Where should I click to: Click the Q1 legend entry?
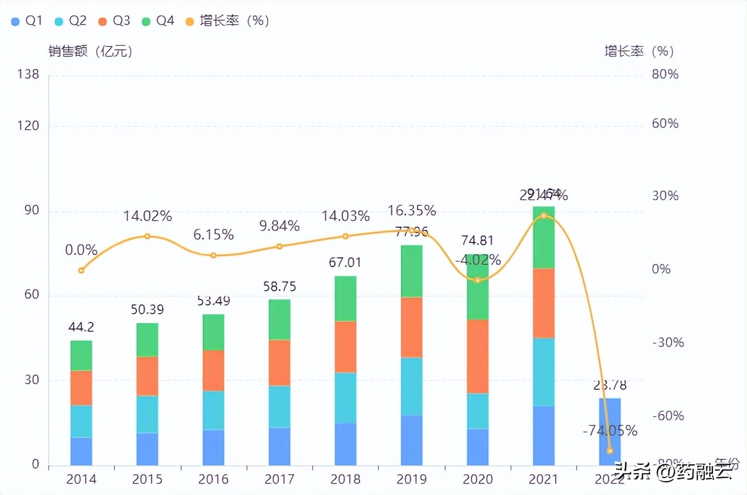coord(27,21)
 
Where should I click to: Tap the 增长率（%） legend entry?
coord(228,21)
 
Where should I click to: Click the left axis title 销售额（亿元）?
coord(90,51)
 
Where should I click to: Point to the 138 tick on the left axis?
coord(28,74)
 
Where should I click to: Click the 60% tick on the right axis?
coord(665,124)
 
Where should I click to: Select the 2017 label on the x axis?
coord(279,480)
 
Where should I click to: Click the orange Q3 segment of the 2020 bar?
coord(478,356)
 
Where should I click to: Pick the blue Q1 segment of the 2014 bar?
coord(81,451)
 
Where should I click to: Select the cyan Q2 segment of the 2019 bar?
coord(411,387)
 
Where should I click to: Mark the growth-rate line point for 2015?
coord(147,236)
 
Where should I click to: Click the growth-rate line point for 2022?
coord(610,451)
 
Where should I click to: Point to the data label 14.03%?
coord(345,216)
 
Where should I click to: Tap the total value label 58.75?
coord(279,287)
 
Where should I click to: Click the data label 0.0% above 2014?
coord(81,250)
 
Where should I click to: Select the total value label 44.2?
coord(81,327)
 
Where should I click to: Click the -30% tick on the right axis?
coord(668,343)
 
